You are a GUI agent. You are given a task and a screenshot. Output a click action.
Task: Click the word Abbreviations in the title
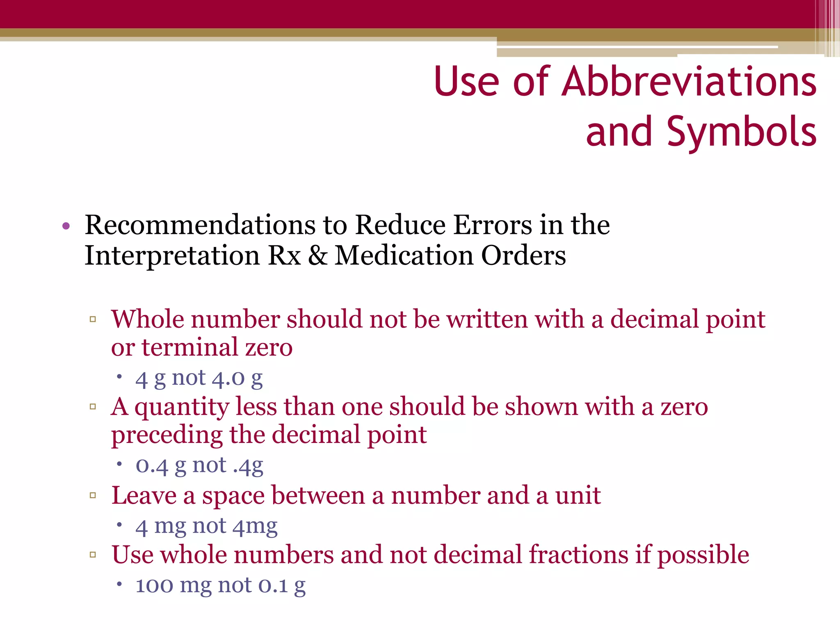(x=689, y=82)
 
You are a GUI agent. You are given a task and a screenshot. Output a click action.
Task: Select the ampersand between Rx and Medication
(x=318, y=256)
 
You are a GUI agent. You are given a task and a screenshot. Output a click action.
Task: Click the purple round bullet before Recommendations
(x=66, y=226)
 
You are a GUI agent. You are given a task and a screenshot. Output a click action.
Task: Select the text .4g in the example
(x=248, y=466)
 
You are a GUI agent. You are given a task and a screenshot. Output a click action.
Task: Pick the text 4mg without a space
(x=255, y=526)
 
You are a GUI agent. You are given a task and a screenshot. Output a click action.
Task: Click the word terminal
(x=189, y=347)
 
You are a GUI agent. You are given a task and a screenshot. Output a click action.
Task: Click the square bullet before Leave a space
(x=93, y=495)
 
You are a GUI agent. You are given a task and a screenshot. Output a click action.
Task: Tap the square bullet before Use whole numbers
(x=93, y=555)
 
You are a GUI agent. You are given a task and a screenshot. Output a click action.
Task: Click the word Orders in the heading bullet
(x=523, y=256)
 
